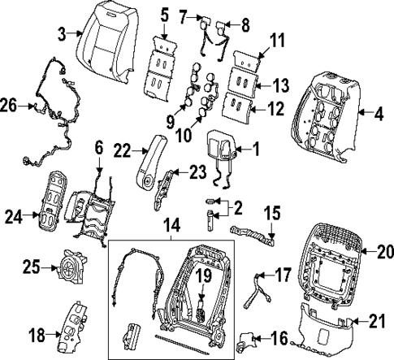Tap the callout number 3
pos(63,33)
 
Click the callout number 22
pos(122,150)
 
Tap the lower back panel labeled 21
pos(325,328)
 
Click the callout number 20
pos(384,252)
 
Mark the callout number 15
pos(272,215)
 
